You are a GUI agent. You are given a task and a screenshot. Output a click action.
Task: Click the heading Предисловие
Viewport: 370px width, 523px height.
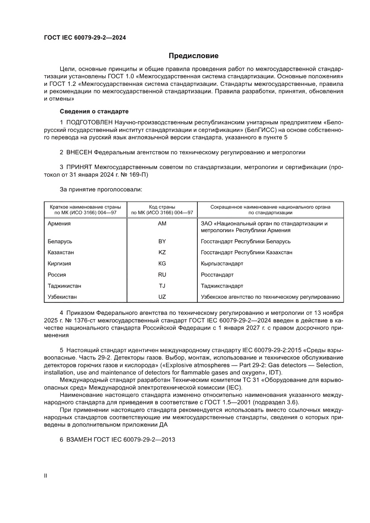pos(193,56)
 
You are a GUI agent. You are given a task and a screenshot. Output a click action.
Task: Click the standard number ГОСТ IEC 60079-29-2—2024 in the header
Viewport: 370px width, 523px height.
pos(85,38)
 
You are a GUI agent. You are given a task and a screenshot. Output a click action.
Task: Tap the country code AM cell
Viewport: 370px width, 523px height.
pos(162,223)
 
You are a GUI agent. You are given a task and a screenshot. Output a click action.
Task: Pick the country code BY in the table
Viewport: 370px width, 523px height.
pos(162,241)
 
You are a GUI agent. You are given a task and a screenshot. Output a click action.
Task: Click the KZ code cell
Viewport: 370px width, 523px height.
pos(162,252)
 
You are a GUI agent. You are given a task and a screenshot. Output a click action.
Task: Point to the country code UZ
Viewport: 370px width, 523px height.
pos(162,297)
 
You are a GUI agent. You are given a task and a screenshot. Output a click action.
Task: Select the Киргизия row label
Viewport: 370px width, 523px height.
pos(59,264)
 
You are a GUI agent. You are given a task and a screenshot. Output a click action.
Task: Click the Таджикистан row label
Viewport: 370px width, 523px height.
pos(64,285)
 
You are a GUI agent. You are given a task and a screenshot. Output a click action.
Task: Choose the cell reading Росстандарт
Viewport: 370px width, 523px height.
pos(217,275)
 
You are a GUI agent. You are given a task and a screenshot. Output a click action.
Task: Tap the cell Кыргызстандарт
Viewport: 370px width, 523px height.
pos(222,264)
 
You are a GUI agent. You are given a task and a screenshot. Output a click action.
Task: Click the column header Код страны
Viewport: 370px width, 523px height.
pos(162,207)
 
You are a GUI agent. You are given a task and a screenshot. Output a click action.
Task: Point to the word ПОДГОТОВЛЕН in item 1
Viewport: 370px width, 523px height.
pos(89,122)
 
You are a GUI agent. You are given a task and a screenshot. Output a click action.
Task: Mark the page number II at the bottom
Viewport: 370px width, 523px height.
pos(45,476)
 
